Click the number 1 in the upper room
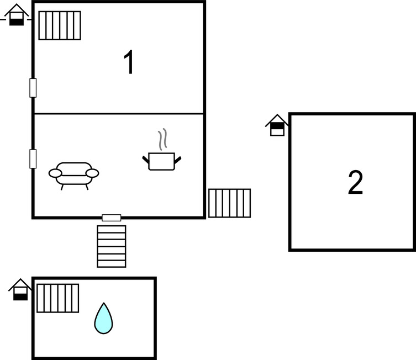129,62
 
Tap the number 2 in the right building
356,182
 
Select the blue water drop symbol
103,319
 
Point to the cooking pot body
161,161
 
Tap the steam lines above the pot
162,139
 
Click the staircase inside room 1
60,25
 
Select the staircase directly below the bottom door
112,246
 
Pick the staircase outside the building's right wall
229,203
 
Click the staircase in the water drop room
58,298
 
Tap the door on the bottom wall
112,218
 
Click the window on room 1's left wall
33,88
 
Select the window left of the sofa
33,159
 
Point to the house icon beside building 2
277,125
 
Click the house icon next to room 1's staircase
17,15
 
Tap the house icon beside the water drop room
20,289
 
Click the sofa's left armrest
55,173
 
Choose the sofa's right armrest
92,173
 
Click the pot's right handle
178,160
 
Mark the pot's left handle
146,160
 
